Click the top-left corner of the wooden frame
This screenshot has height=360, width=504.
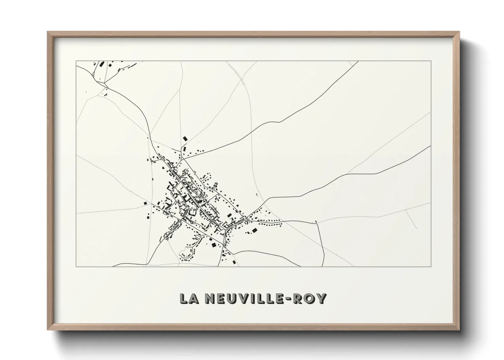[48, 32]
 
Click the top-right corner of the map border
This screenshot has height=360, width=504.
[431, 61]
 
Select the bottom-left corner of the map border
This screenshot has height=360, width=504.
[76, 266]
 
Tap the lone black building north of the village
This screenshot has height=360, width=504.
[185, 138]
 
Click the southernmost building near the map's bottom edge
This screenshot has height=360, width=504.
[234, 262]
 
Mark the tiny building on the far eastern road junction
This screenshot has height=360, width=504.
[316, 222]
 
